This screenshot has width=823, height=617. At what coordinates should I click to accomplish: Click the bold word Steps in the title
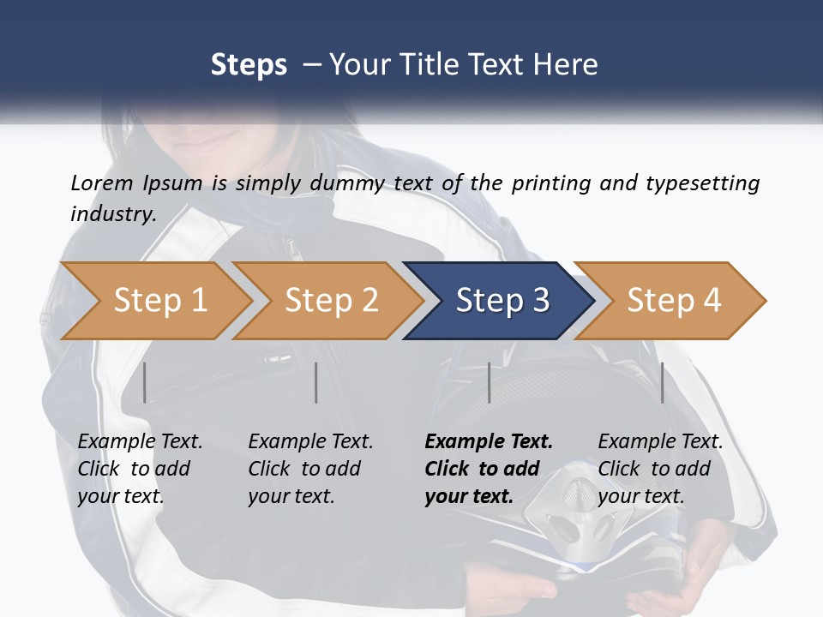[x=249, y=65]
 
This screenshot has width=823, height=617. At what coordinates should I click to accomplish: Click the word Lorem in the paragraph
[x=102, y=183]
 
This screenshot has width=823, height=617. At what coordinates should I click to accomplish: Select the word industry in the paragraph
[x=113, y=214]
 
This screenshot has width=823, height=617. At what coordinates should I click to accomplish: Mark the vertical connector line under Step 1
[x=145, y=382]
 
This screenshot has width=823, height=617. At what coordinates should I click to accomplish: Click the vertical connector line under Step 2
[x=316, y=382]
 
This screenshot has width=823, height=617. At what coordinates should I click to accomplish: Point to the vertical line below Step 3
[x=489, y=382]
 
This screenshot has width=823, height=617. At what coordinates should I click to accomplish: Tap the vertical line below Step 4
[x=663, y=382]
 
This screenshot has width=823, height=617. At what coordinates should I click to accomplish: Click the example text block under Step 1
[x=140, y=469]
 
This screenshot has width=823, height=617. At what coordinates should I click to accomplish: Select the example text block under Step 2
[x=310, y=469]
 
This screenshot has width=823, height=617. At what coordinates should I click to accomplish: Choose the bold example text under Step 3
[x=489, y=469]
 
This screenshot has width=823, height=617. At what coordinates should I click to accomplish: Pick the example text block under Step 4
[x=660, y=469]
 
